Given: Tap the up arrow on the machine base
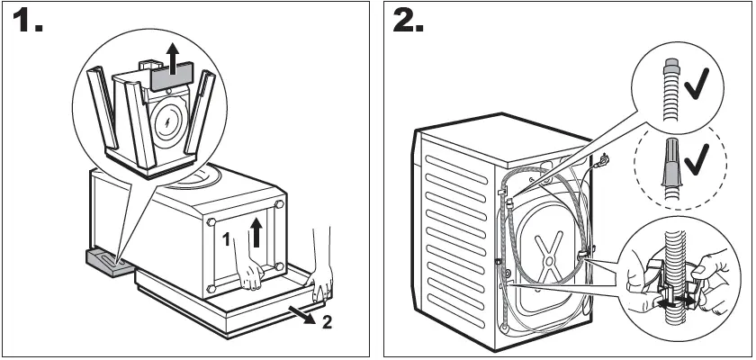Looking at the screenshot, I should pos(259,232).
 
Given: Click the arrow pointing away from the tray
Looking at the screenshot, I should pos(305,313).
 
